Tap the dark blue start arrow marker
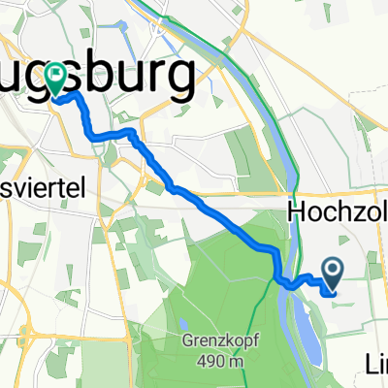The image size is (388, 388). [x=331, y=275]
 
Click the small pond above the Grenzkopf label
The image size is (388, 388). [x=183, y=323]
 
